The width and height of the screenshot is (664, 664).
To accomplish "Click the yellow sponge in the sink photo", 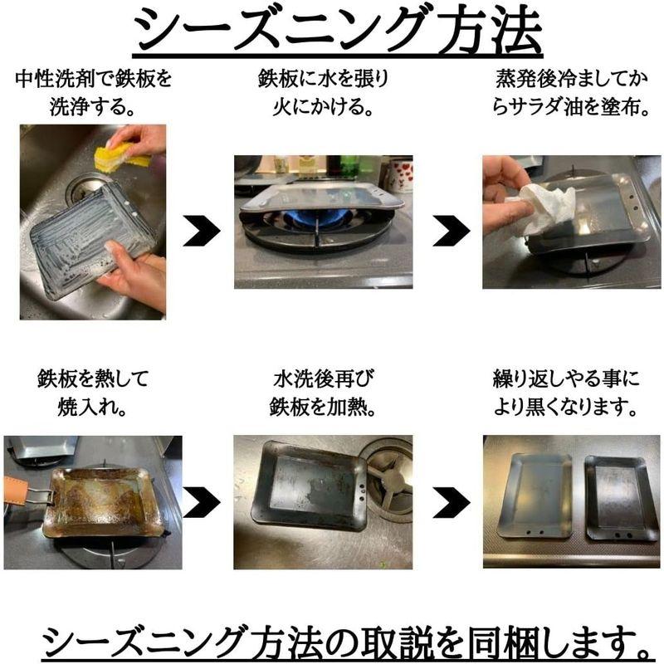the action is coord(121,156).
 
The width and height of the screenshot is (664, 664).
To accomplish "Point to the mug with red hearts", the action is coord(400,173).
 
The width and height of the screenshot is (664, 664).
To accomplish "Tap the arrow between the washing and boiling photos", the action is coord(201,231).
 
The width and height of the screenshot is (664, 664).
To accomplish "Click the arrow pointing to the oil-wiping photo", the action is coord(451,231).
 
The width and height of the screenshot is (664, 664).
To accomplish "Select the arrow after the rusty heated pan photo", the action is coord(201,502).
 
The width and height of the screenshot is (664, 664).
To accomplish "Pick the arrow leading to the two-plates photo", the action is coord(451,502).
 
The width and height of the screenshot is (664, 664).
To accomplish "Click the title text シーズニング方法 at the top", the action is coord(338,31).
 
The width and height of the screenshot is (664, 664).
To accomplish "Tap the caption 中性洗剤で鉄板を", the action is coord(93,79).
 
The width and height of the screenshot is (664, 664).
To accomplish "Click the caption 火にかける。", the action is coord(323,107).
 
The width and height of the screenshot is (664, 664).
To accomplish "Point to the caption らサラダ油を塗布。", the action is coord(572,107).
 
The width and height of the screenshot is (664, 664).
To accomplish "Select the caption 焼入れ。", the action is coord(92,407).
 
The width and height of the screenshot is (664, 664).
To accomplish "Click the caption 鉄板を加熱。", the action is coord(323,407).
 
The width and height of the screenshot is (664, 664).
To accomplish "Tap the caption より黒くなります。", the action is coord(566,407).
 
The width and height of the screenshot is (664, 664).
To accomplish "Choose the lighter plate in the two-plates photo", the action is coord(535,496).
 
